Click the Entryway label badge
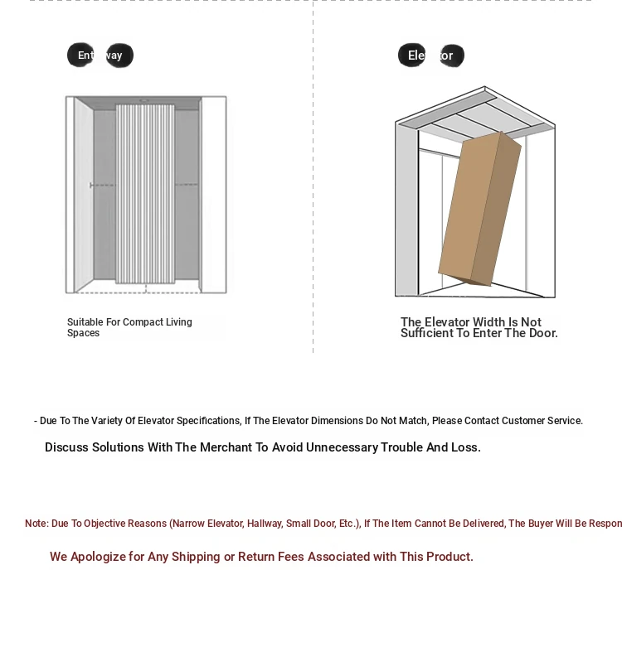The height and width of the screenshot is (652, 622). point(100,56)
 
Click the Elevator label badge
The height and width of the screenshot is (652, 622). point(430,56)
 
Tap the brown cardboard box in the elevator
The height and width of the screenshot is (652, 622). point(479,209)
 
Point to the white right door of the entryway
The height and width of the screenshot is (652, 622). point(213,194)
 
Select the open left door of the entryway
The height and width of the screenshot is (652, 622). point(84,194)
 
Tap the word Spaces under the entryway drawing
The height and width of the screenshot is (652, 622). point(83,333)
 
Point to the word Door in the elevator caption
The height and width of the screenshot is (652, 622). point(542,333)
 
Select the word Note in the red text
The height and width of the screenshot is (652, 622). point(36,524)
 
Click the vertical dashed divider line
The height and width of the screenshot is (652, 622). point(313,207)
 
